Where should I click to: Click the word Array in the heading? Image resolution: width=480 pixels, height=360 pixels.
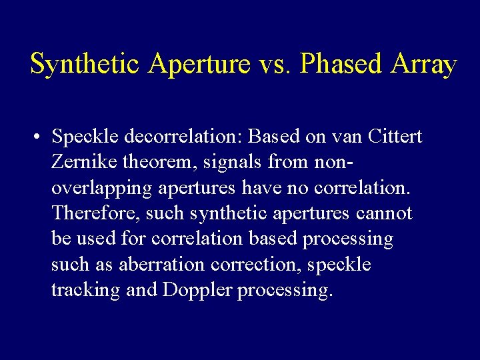coord(424,65)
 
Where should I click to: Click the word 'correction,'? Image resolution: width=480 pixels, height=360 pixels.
coord(257,265)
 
